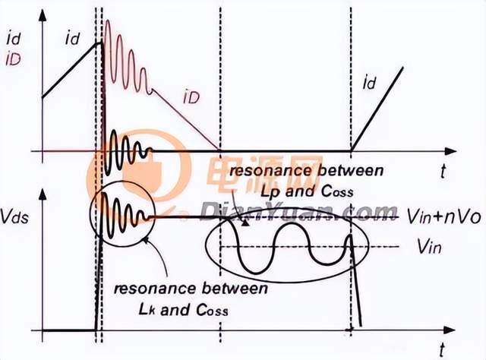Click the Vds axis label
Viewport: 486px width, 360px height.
pyautogui.click(x=14, y=216)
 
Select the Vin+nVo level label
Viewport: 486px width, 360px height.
pyautogui.click(x=443, y=217)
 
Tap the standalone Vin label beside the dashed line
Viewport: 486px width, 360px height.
pyautogui.click(x=429, y=247)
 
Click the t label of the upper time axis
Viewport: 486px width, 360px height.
pyautogui.click(x=443, y=171)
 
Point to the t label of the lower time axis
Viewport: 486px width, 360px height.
pyautogui.click(x=443, y=350)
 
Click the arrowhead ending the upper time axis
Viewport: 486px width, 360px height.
pyautogui.click(x=450, y=151)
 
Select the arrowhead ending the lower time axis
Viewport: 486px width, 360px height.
pyautogui.click(x=450, y=330)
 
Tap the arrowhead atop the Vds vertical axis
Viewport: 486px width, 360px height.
pyautogui.click(x=43, y=194)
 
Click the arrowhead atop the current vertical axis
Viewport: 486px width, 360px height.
pyautogui.click(x=43, y=15)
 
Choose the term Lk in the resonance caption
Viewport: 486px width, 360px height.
pyautogui.click(x=147, y=309)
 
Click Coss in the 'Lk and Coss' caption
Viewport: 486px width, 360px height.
pyautogui.click(x=213, y=309)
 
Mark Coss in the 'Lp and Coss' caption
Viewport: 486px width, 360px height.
pyautogui.click(x=337, y=191)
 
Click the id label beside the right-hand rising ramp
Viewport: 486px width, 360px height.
pyautogui.click(x=369, y=83)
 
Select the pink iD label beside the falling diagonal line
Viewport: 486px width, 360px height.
pyautogui.click(x=191, y=97)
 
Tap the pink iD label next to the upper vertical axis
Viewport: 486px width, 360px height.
pyautogui.click(x=14, y=59)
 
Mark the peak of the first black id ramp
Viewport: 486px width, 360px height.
pyautogui.click(x=100, y=43)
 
